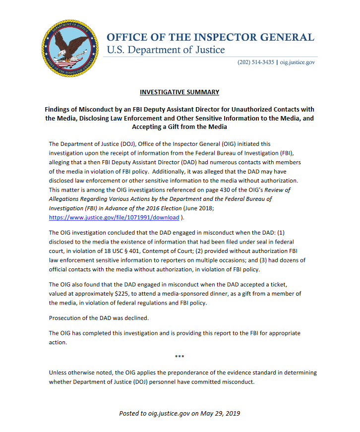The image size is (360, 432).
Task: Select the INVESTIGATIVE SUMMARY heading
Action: (x=180, y=92)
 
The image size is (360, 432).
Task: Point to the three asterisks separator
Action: (x=180, y=357)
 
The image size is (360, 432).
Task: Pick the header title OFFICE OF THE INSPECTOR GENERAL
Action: (x=211, y=38)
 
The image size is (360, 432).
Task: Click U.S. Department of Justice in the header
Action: (x=166, y=50)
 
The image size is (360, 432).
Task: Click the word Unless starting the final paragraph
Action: (x=59, y=372)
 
